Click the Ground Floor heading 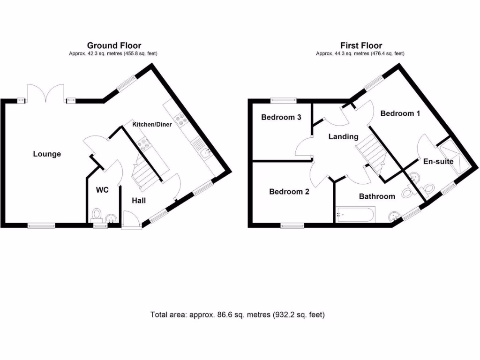click(x=114, y=45)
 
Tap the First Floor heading click(x=361, y=45)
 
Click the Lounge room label click(x=47, y=154)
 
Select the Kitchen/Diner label click(x=152, y=124)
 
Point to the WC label click(x=102, y=190)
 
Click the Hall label click(x=139, y=201)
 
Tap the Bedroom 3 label click(x=281, y=117)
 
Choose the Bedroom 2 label click(x=289, y=191)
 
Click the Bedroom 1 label click(x=400, y=113)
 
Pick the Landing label click(x=343, y=137)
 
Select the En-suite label click(x=438, y=161)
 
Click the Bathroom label click(x=377, y=196)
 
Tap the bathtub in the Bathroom click(x=355, y=215)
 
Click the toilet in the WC click(x=97, y=214)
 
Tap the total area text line click(x=238, y=315)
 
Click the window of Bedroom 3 click(x=284, y=99)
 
